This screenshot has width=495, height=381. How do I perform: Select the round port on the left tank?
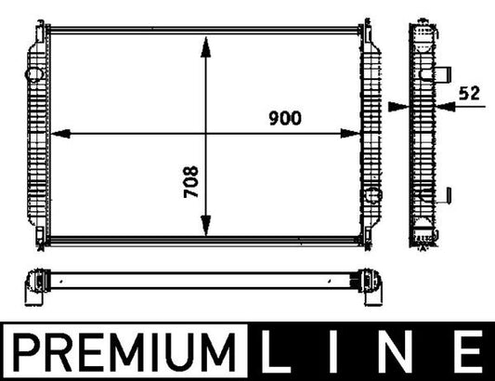tap(35, 72)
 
